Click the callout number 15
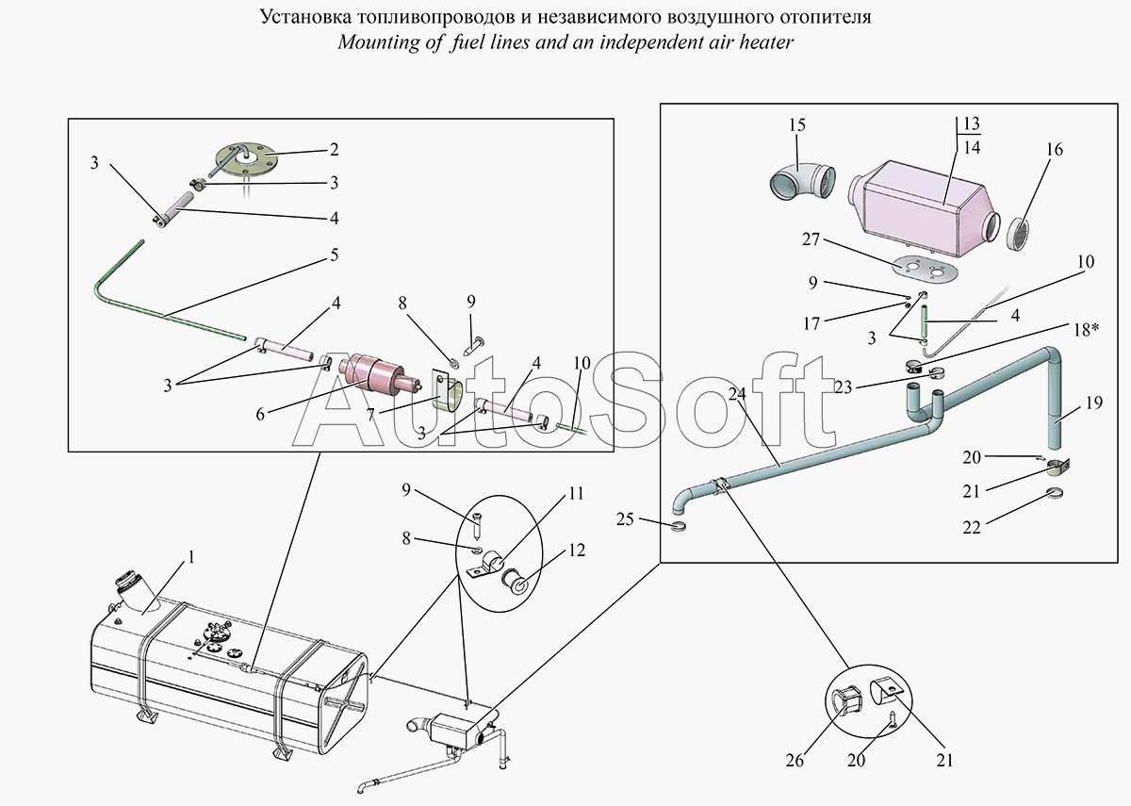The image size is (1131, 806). click(796, 124)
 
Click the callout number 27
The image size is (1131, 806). click(811, 239)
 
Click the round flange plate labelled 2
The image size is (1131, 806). click(246, 158)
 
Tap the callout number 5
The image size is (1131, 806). click(334, 255)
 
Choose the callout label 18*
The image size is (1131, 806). click(1087, 329)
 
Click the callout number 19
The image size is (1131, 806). click(1093, 403)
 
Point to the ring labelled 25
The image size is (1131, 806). click(679, 526)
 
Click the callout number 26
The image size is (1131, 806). click(795, 760)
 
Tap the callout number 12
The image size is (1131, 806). click(577, 551)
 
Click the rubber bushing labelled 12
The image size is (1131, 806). click(514, 579)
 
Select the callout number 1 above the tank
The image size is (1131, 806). click(190, 557)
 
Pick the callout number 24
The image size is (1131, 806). click(737, 393)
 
